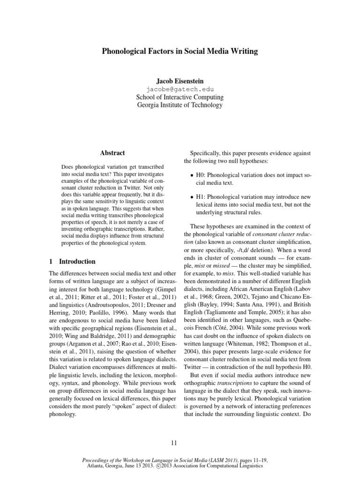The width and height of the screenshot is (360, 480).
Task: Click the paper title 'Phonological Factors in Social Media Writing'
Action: (180, 52)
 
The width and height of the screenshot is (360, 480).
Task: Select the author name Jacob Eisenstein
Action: (180, 80)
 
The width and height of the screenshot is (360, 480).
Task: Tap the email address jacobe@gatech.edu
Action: (180, 89)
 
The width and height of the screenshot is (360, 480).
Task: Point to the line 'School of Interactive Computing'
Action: (180, 97)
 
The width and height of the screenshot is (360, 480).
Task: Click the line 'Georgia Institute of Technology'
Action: (180, 105)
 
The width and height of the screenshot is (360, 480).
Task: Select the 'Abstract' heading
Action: (112, 153)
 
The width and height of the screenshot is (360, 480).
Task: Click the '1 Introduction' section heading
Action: (72, 262)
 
